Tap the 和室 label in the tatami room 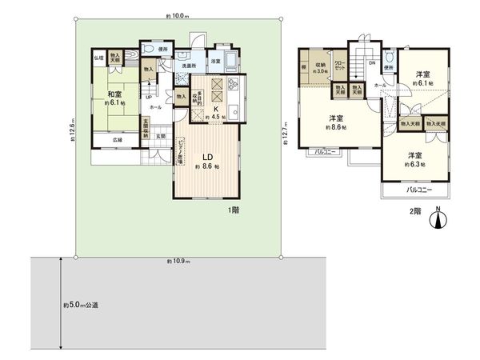(114, 94)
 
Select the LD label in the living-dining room (206, 158)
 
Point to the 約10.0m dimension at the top (178, 15)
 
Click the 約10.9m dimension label (178, 261)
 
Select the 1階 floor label (233, 210)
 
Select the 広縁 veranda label (118, 142)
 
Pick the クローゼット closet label (338, 66)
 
